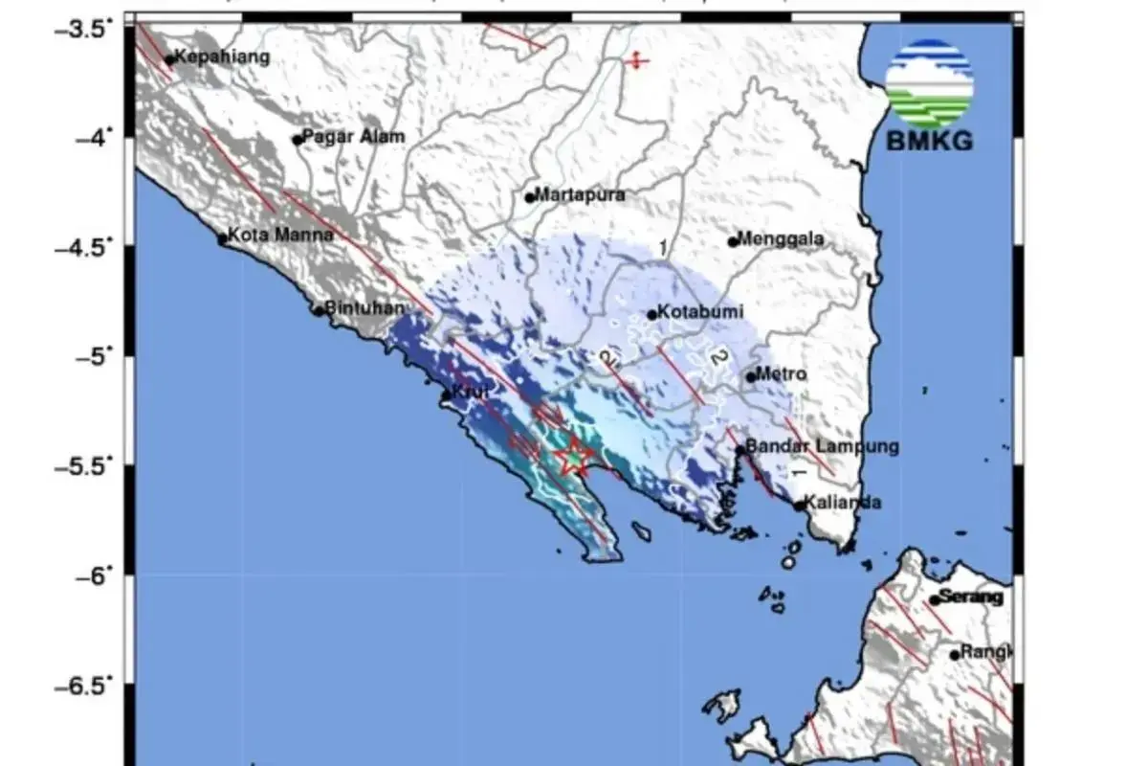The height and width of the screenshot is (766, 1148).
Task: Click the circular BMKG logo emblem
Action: point(929,84)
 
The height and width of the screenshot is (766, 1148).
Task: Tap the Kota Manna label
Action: point(280,235)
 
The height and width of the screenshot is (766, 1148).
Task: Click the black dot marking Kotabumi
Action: point(652,314)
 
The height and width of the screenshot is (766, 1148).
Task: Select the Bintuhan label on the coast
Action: point(365,308)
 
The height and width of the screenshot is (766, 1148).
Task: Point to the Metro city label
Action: point(781,374)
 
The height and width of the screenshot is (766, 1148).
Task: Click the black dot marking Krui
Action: point(446,394)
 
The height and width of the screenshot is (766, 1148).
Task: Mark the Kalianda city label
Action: point(842,503)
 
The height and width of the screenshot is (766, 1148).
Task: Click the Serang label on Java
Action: point(970,597)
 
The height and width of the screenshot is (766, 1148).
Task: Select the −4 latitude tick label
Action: point(95,138)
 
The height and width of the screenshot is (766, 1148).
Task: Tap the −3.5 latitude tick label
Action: point(88,30)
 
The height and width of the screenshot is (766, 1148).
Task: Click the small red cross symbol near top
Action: point(636,61)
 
